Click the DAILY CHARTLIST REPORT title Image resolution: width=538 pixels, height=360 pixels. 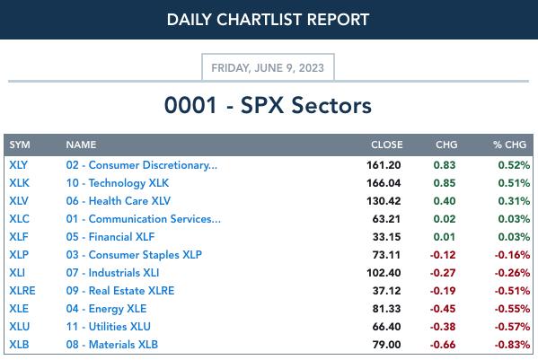point(268,20)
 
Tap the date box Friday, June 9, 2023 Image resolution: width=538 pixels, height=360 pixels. point(268,67)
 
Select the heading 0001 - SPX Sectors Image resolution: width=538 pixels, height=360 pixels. point(268,105)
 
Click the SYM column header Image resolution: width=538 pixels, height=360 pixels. point(20,145)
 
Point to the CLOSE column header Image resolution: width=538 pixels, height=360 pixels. point(387,145)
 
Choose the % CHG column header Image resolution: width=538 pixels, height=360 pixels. point(509,145)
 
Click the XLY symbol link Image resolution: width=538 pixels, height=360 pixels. point(18,165)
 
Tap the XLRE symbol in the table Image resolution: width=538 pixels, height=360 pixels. point(22,291)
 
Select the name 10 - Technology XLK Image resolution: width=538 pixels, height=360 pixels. point(118,183)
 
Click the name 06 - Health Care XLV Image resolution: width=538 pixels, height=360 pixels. point(119,201)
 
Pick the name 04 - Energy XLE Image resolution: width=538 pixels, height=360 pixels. point(106,309)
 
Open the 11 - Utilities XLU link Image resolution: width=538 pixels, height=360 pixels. point(109,327)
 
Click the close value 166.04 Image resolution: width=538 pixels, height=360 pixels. point(384,183)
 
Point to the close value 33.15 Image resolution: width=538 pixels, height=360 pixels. point(387,237)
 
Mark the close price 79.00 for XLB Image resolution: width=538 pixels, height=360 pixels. point(387,345)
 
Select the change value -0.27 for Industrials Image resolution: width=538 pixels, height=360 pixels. point(443,273)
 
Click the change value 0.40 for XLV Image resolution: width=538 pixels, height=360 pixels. point(445,201)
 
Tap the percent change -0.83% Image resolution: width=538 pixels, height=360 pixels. point(512,345)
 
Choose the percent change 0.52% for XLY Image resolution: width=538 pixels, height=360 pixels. point(514,165)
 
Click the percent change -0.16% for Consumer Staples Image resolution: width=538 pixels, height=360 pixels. point(512,255)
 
